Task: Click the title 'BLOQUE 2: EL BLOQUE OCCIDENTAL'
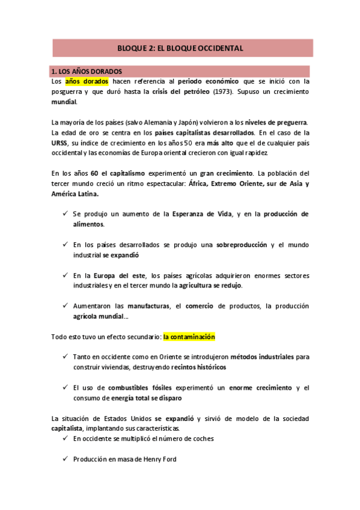[180, 48]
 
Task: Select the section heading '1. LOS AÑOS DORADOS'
[87, 71]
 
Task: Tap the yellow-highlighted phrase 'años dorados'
[87, 81]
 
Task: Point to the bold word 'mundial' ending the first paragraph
[64, 102]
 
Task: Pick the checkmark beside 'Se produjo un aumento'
[65, 214]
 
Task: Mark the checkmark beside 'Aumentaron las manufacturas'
[65, 306]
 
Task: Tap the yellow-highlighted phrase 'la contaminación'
[189, 337]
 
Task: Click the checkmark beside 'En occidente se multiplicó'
[65, 438]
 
